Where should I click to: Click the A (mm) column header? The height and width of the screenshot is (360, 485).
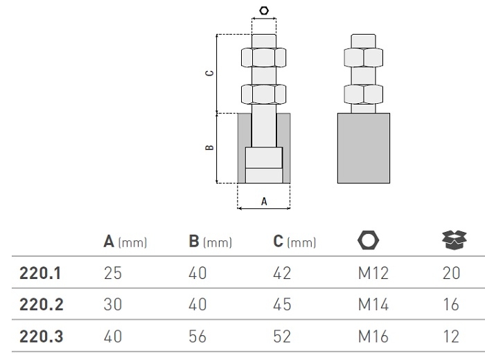pos(125,242)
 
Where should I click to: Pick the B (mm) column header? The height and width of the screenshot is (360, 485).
pos(210,242)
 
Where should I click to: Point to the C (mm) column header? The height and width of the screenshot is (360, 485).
pos(295,242)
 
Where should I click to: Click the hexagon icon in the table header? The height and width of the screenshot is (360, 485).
pos(369,241)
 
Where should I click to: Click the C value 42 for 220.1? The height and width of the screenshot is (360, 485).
pos(282,273)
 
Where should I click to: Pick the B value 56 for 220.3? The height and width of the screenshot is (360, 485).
pos(197,337)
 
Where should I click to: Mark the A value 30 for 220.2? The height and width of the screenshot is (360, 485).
pos(112,305)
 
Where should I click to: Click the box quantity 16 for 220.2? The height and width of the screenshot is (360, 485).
pos(451,305)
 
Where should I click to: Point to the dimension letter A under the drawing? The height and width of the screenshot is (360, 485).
pos(264,201)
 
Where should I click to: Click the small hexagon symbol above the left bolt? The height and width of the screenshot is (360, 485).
pos(264,10)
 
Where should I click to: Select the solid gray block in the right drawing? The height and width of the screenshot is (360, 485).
pos(363,148)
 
